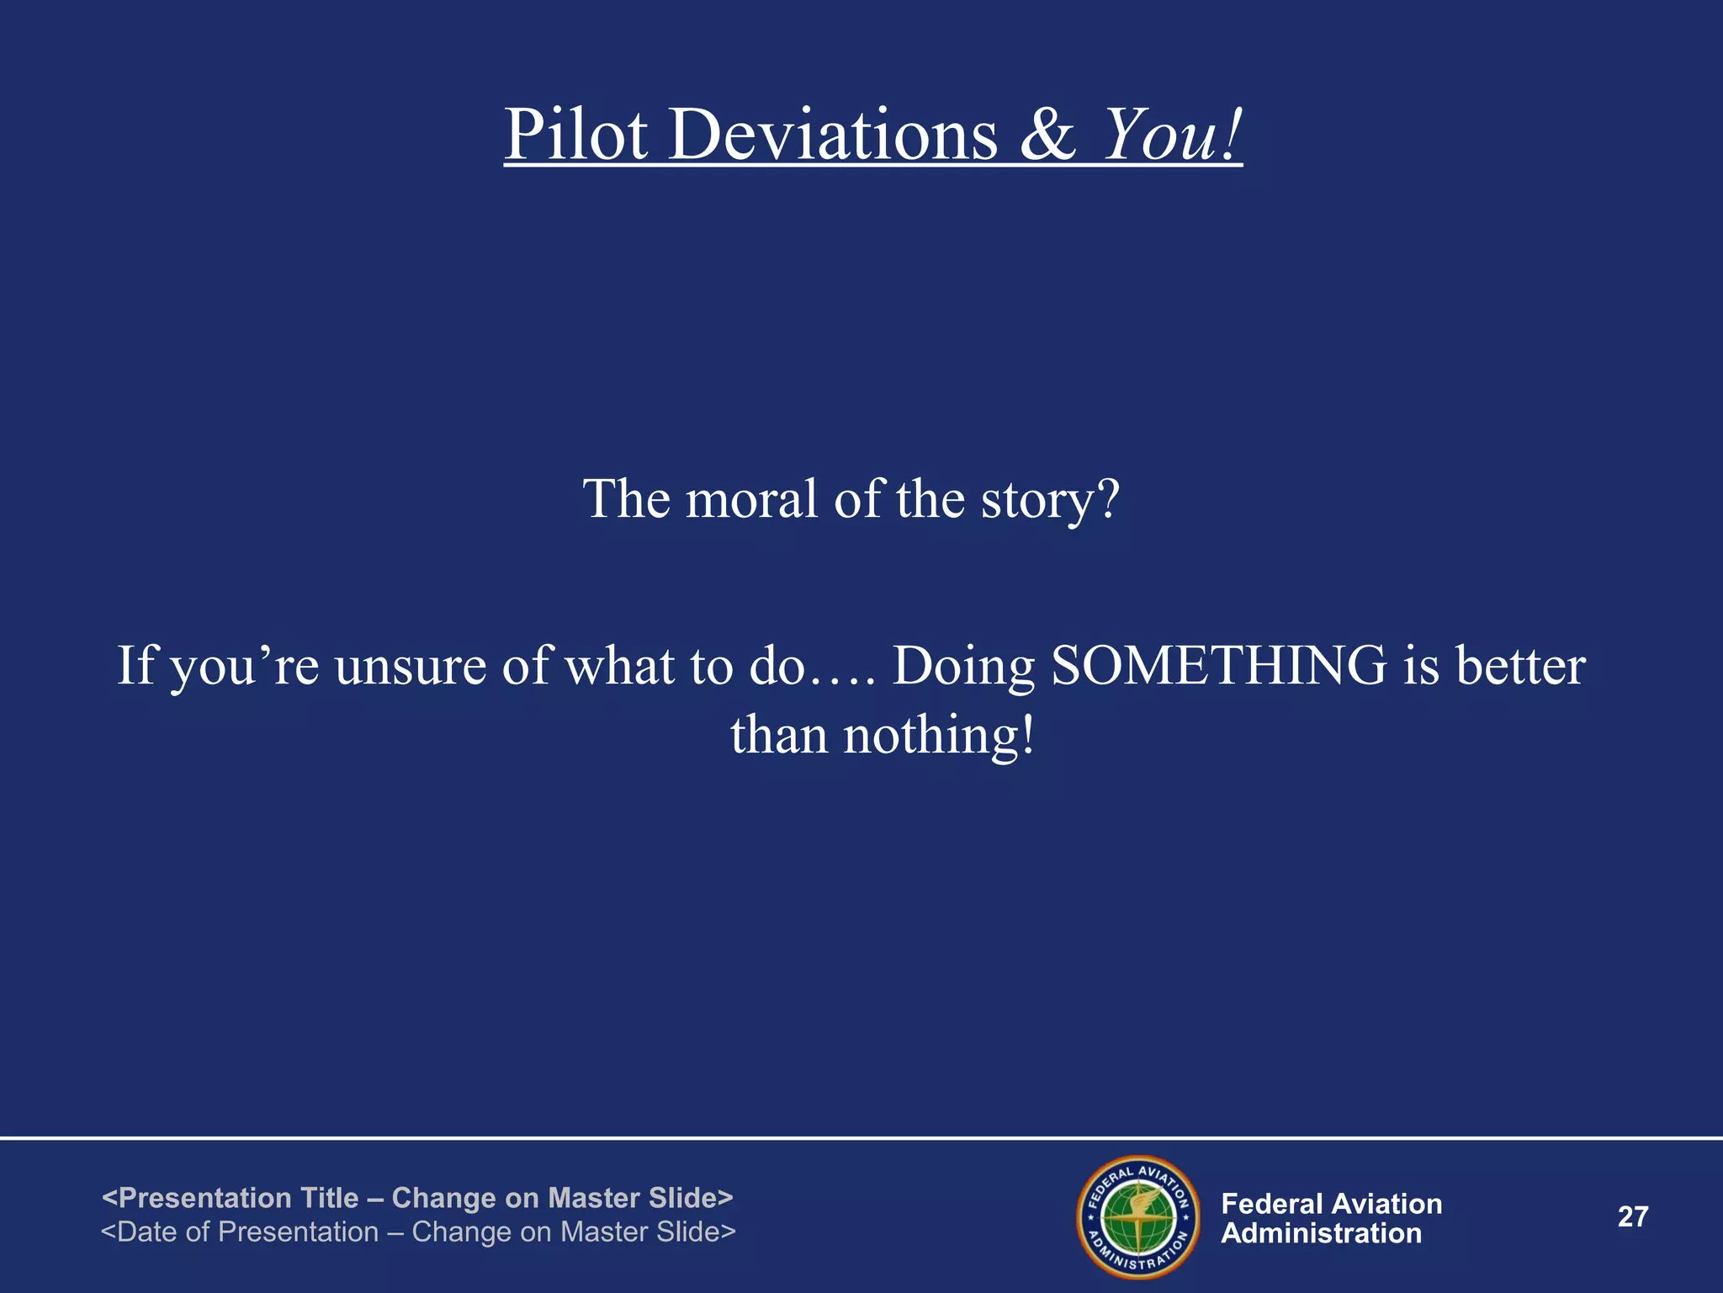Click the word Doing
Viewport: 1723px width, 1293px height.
963,667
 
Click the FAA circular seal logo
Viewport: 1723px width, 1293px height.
1138,1216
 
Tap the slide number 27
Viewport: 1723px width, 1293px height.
1633,1216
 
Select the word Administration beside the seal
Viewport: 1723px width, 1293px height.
1321,1233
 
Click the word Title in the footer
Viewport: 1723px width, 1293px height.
329,1197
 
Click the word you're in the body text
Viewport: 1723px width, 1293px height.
245,667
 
